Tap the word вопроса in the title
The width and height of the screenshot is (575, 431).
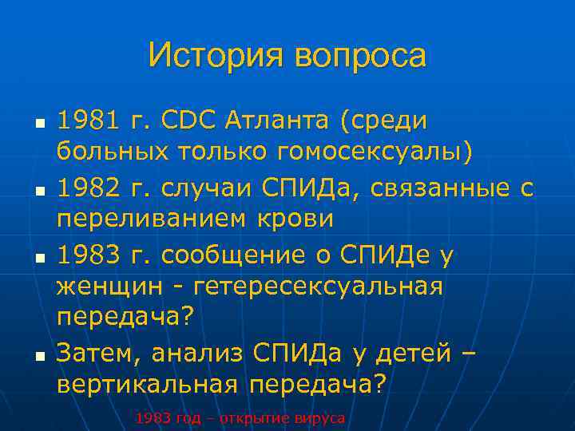pos(360,56)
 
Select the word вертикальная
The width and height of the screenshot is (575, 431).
pos(148,383)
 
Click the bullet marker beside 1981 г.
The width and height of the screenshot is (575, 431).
pos(38,124)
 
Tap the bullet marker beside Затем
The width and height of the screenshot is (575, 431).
pos(38,354)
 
